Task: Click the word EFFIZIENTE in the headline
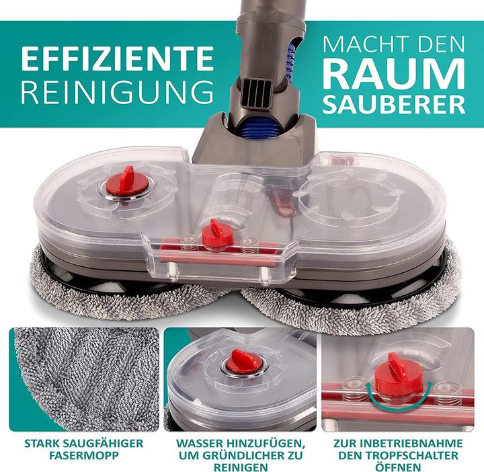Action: pyautogui.click(x=117, y=58)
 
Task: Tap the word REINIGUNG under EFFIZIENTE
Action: pyautogui.click(x=117, y=91)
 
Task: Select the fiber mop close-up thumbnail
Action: pyautogui.click(x=84, y=379)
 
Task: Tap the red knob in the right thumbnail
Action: pyautogui.click(x=397, y=378)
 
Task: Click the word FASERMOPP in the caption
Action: pyautogui.click(x=84, y=455)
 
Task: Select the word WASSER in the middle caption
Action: pyautogui.click(x=200, y=443)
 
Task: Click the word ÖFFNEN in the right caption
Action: pyautogui.click(x=398, y=467)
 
